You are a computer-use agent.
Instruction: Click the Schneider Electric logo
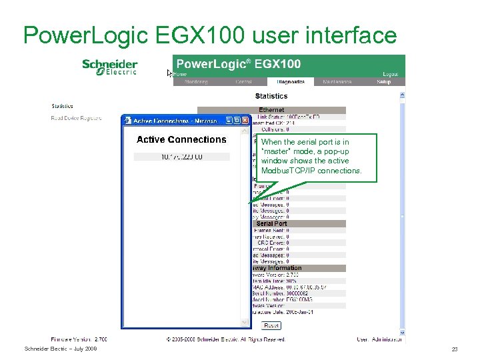(109, 67)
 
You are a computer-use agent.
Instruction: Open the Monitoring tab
(196, 82)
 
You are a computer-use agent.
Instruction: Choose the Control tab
(243, 82)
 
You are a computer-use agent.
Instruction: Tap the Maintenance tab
(338, 82)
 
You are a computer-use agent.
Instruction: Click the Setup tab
(383, 82)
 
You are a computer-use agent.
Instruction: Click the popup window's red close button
(245, 121)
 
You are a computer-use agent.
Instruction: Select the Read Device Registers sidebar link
(77, 118)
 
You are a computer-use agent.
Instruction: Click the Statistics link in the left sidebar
(63, 106)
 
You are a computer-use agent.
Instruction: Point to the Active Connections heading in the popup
(181, 139)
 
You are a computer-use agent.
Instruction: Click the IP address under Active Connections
(181, 157)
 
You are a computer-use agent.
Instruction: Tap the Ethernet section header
(271, 110)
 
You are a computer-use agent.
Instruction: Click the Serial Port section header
(271, 223)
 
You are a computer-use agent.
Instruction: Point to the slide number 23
(455, 349)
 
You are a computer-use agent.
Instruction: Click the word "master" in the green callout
(273, 151)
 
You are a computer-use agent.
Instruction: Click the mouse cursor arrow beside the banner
(169, 73)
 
